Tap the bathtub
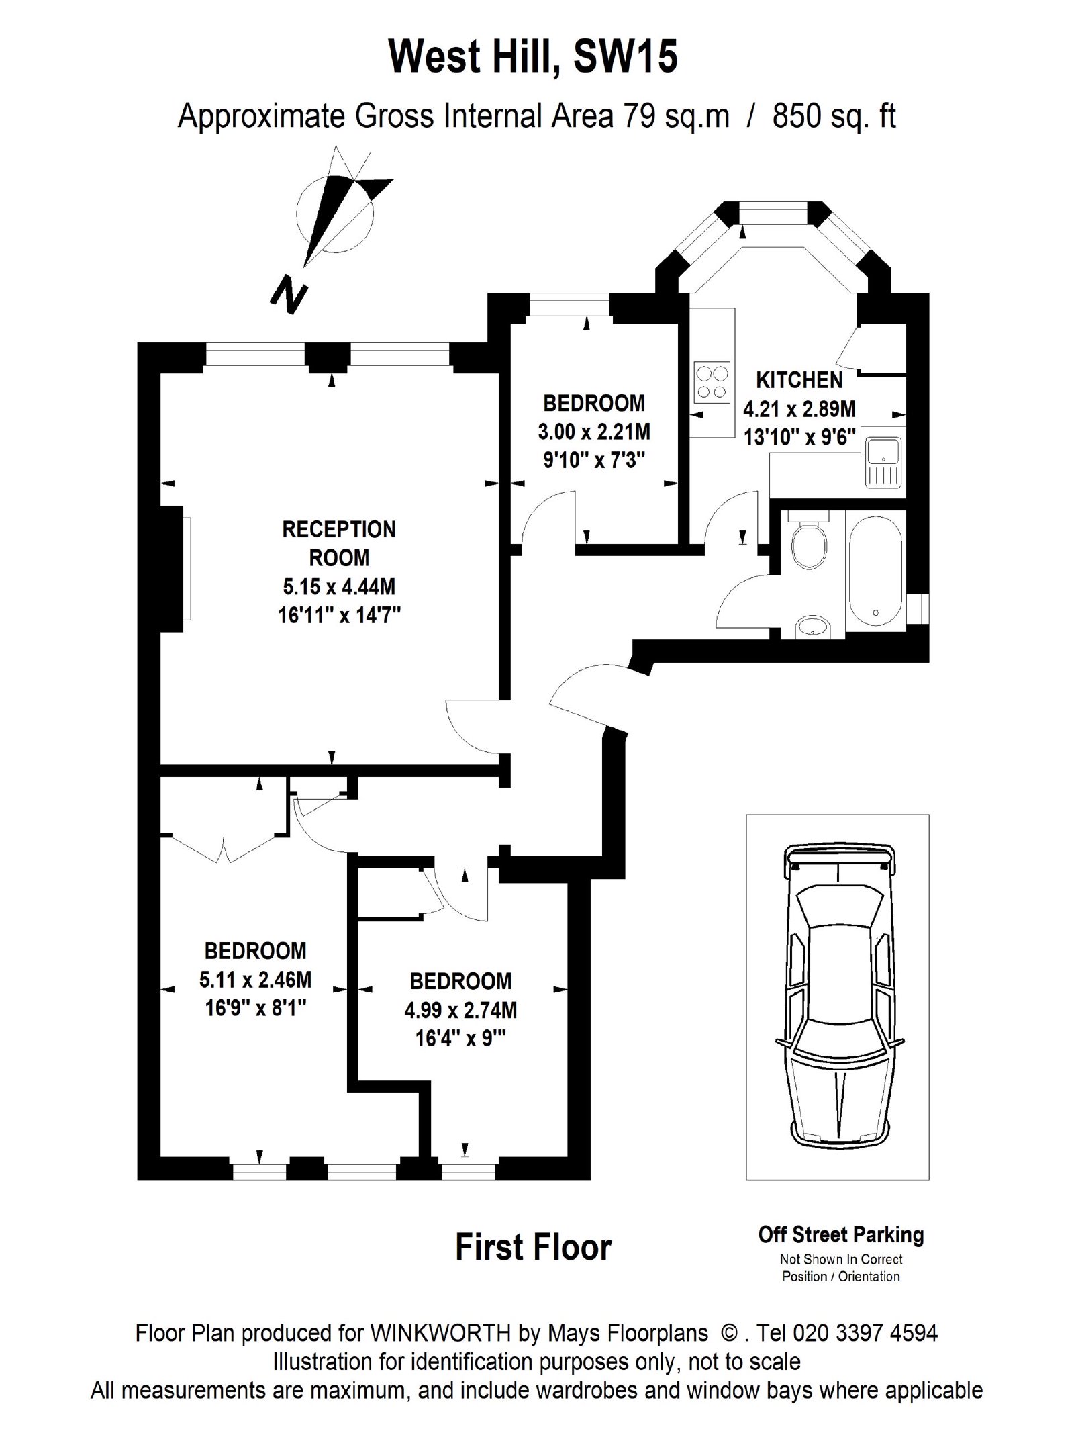(876, 573)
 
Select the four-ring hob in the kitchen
(712, 383)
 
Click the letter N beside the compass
(288, 295)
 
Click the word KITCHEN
(799, 381)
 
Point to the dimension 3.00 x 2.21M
(594, 431)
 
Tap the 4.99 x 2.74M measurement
(460, 1010)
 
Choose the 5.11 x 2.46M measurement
(255, 980)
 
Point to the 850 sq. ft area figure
(834, 118)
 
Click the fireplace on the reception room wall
(175, 568)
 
